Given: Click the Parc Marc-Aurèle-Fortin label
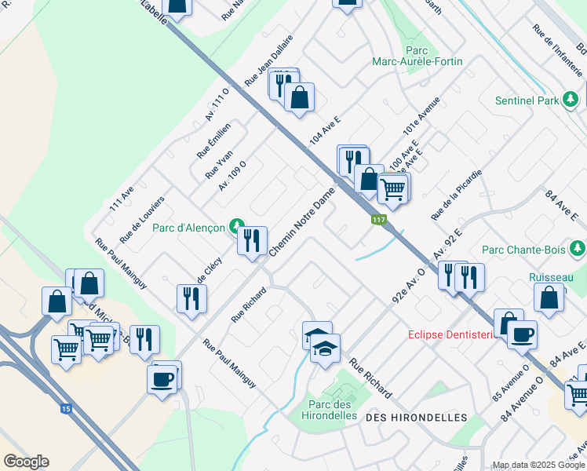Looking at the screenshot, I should (x=417, y=56).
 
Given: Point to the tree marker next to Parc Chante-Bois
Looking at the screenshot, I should (x=578, y=250).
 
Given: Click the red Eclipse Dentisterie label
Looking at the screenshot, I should (x=453, y=334).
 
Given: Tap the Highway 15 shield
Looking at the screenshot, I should (x=65, y=408).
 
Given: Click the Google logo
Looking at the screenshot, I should (x=26, y=462).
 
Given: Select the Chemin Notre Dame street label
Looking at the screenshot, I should (x=302, y=221).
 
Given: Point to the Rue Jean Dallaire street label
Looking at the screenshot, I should (x=268, y=60).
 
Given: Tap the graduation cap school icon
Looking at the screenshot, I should (x=325, y=346).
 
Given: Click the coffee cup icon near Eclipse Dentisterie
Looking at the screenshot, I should (x=522, y=334).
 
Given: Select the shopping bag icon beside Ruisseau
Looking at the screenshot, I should (x=549, y=298).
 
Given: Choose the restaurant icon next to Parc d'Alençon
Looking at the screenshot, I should (x=252, y=240).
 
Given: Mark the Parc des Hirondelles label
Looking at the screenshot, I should (x=328, y=410).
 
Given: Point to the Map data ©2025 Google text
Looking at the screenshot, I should (x=538, y=465).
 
